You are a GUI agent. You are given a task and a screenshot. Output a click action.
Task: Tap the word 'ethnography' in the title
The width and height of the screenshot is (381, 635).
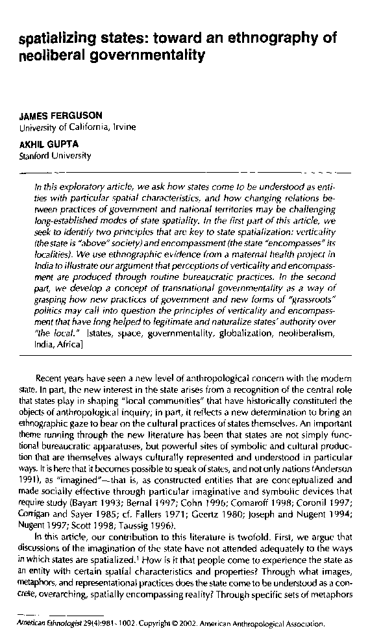[260, 39]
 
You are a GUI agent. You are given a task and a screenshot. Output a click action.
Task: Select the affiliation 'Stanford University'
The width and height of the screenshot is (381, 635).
[55, 156]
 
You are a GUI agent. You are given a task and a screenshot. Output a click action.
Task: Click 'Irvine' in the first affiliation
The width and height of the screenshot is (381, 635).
[124, 127]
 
